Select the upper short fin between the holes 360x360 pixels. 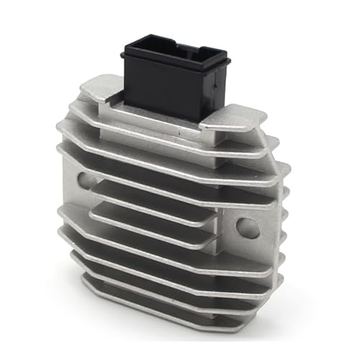tap(151, 193)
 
